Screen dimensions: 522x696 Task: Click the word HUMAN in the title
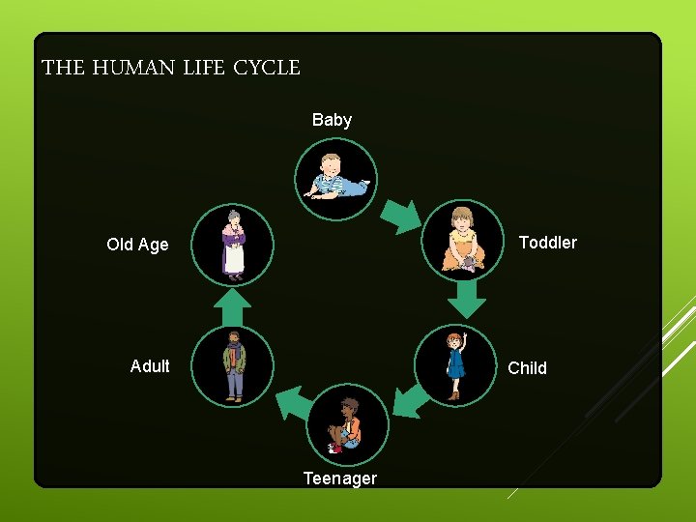coord(132,69)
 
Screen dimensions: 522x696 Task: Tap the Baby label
coord(332,120)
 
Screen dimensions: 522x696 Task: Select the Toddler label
coord(547,243)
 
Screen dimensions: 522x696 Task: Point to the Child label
coord(527,367)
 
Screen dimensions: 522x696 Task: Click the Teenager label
coord(339,478)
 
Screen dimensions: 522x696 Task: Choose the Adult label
coord(150,365)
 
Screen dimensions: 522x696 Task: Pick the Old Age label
coord(137,245)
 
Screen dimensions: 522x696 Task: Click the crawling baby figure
coord(334,178)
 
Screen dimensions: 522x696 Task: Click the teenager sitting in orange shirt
coord(347,425)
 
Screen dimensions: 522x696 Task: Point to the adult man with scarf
coord(234,365)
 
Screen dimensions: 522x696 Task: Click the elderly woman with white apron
coord(233,245)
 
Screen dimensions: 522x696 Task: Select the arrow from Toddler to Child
coord(467,299)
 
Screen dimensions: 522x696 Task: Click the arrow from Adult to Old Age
coord(232,308)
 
